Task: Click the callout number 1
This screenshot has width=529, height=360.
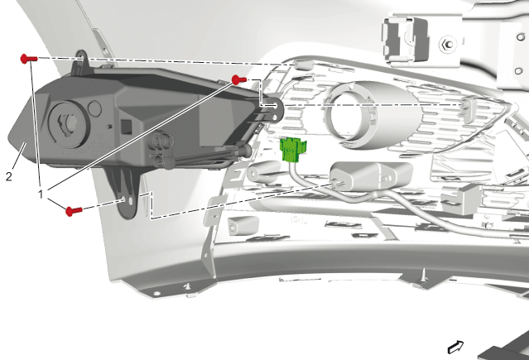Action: pos(41,194)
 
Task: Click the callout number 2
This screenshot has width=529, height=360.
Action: pos(9,176)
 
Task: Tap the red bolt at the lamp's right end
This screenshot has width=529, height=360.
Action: pos(239,80)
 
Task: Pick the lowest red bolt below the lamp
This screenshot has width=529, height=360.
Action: pos(74,211)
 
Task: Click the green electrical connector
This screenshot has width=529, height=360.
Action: pos(292,150)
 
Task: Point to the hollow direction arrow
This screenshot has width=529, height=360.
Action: pos(455,347)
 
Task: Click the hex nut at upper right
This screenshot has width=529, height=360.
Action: pos(447,44)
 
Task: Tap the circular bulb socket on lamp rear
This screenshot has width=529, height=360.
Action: pos(69,124)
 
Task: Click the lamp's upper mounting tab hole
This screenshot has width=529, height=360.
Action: pos(80,59)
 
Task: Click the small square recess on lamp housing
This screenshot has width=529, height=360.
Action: pos(126,127)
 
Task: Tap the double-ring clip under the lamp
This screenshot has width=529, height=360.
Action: pos(162,149)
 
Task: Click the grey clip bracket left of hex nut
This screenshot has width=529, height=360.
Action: pos(406,39)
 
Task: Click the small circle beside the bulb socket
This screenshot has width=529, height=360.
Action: pos(94,108)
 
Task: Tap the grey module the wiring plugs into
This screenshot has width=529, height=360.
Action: pos(371,175)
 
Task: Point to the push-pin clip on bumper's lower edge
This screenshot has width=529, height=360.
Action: pos(423,277)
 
